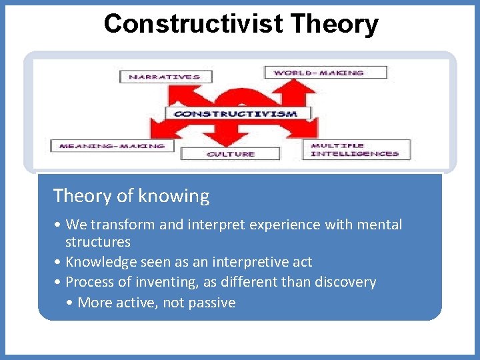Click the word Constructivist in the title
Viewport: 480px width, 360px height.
193,23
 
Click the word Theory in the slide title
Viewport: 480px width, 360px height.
333,23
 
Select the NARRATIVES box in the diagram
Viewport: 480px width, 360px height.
165,77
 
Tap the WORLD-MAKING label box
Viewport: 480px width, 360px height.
325,72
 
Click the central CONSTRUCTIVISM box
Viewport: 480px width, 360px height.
236,114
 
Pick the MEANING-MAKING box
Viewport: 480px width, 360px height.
112,146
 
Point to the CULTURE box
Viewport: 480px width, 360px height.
231,154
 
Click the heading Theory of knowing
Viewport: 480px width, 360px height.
131,196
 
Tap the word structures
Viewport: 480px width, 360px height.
97,241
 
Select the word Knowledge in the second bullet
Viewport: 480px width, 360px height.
101,262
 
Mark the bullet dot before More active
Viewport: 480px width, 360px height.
71,303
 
